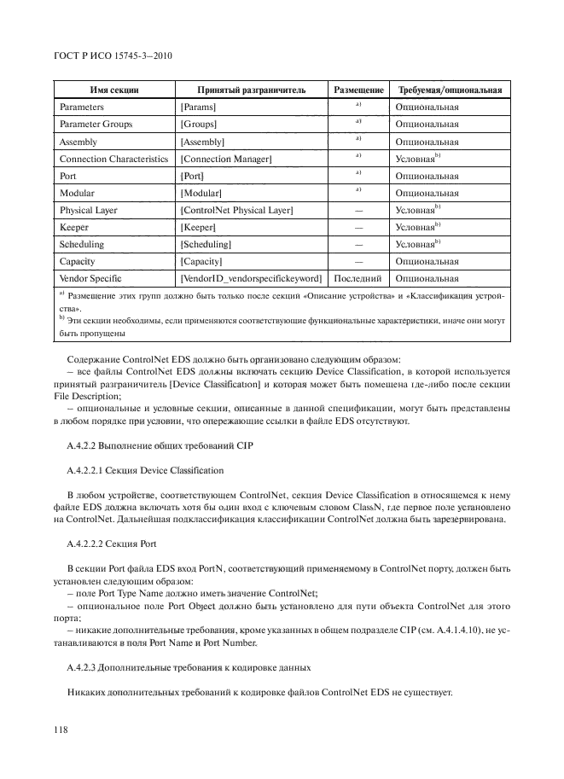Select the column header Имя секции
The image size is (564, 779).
coord(113,90)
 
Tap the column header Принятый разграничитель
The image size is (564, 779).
coord(250,90)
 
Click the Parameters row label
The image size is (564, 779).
coord(82,108)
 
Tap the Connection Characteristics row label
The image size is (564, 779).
coord(114,159)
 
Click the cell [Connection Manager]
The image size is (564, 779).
coord(226,159)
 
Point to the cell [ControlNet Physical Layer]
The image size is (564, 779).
coord(236,210)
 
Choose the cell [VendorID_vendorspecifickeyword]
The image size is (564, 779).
coord(251,278)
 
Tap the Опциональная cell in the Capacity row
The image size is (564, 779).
coord(427,261)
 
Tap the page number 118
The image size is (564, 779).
coord(61,730)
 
